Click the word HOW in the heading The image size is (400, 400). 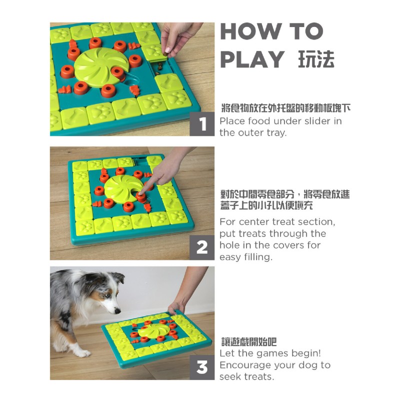(x=251, y=31)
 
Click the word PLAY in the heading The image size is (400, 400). (x=252, y=59)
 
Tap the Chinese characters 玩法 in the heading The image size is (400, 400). (x=316, y=59)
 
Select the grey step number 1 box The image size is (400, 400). (x=202, y=124)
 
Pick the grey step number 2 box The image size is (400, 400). (x=202, y=247)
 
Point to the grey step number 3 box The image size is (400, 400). (x=202, y=367)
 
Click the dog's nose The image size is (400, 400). (x=117, y=310)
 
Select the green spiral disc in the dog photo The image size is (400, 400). (x=153, y=330)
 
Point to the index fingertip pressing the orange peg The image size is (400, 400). (x=140, y=193)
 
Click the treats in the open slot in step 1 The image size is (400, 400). (x=159, y=67)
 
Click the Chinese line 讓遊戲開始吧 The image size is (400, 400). (x=248, y=341)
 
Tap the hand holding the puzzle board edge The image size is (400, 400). (x=177, y=307)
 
